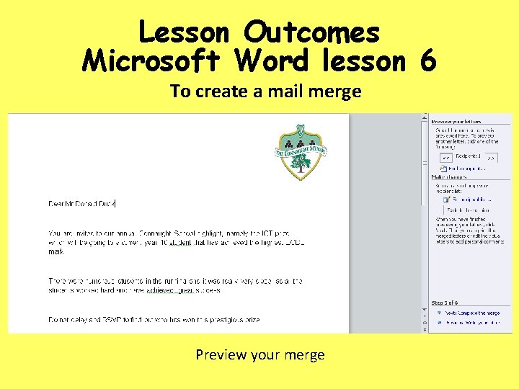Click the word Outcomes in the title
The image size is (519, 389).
pos(311,32)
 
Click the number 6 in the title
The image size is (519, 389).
pos(427,62)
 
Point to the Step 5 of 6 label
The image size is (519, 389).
pos(445,303)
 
